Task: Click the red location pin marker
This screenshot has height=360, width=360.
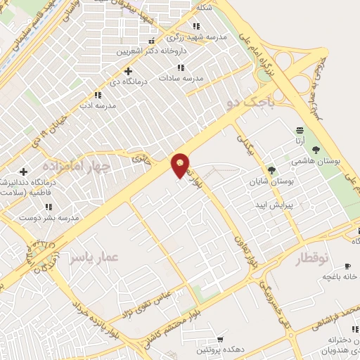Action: (180, 165)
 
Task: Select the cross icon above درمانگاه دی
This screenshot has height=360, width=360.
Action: (128, 71)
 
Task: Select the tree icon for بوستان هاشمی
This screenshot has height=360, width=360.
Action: (316, 149)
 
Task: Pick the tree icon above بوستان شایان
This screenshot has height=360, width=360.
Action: (271, 169)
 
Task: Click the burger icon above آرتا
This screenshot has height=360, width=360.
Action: (300, 129)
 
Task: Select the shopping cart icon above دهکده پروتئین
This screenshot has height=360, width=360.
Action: (221, 340)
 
